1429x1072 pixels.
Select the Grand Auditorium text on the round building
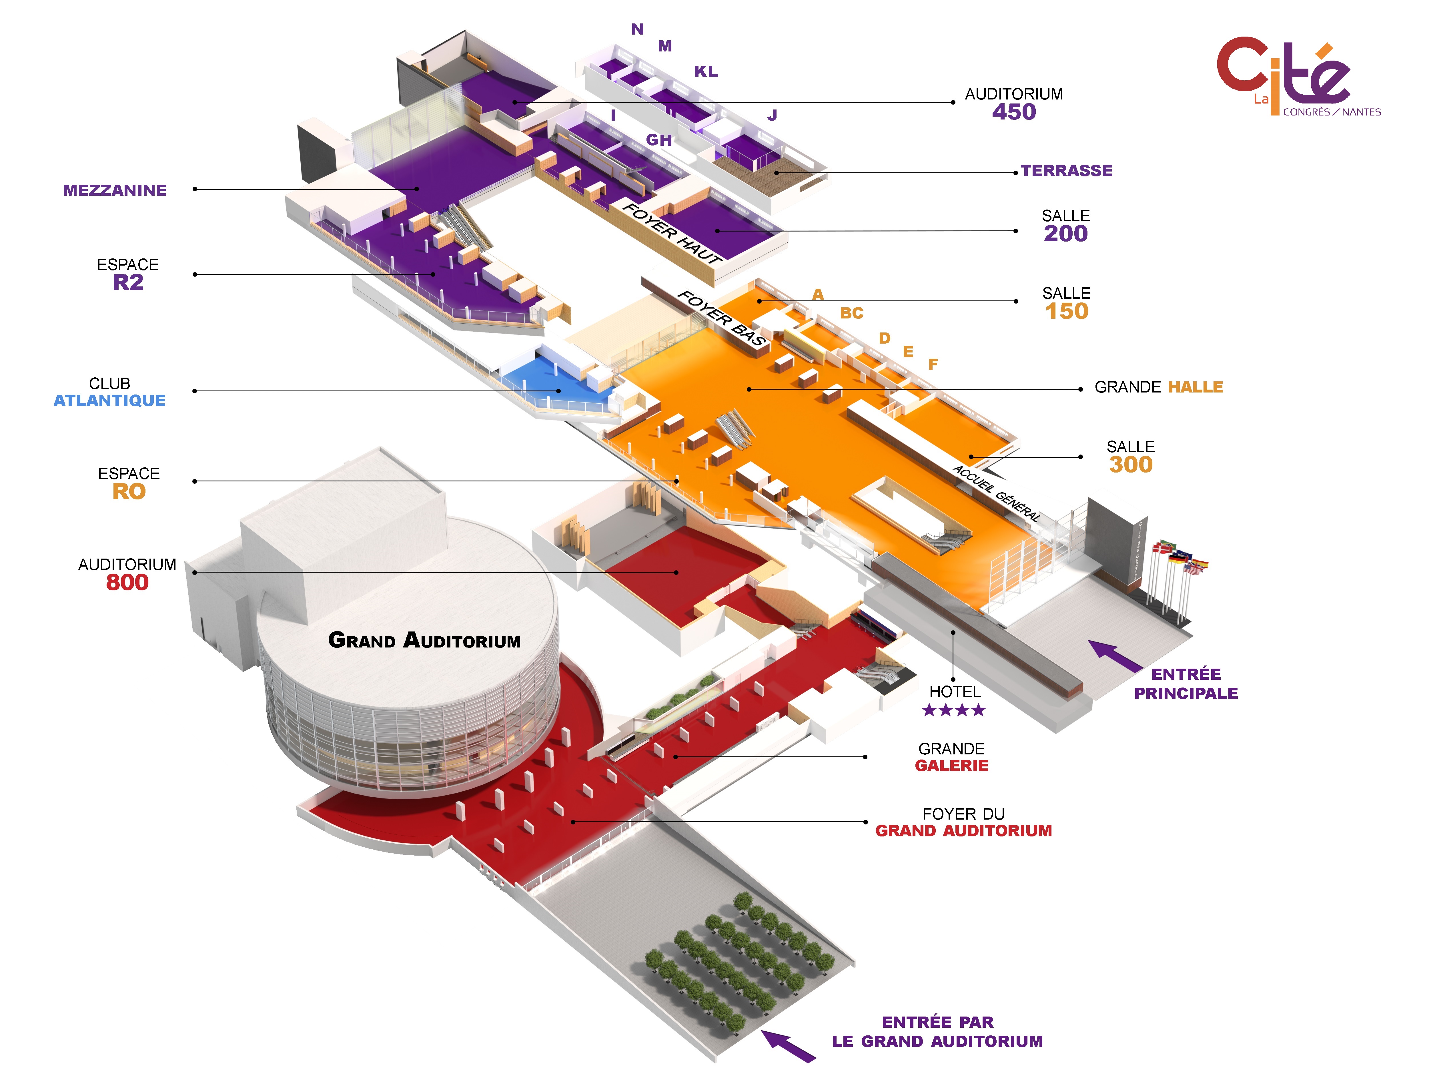click(424, 640)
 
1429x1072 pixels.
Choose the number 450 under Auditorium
click(1014, 112)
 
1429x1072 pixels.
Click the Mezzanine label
click(115, 191)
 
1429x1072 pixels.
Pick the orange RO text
click(129, 492)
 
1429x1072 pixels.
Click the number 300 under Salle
click(1131, 465)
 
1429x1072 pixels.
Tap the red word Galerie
click(952, 766)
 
